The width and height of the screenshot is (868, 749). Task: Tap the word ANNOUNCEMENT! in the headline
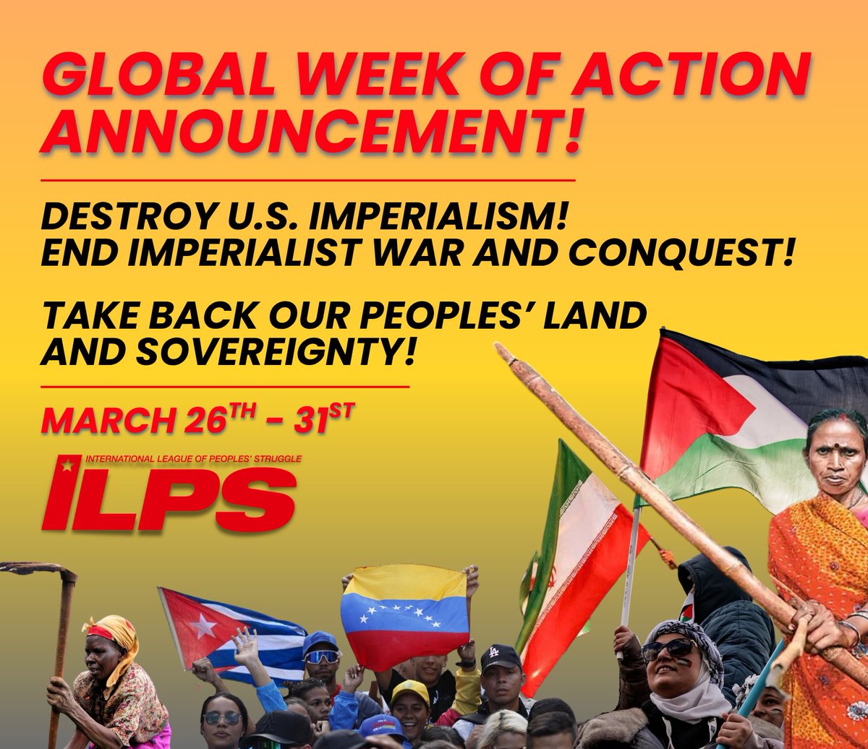[311, 132]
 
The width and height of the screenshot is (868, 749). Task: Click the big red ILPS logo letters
[170, 498]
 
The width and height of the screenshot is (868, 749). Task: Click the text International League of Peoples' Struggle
[192, 458]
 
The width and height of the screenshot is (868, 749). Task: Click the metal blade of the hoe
[40, 570]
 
